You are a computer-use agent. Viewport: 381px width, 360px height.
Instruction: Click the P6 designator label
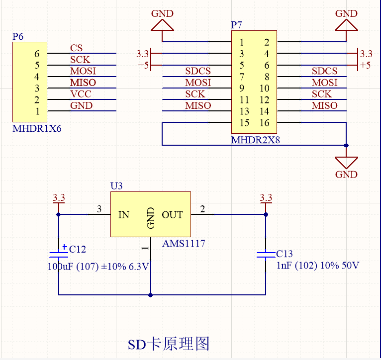tap(18, 36)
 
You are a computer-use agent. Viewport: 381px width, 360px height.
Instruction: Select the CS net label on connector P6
tap(76, 48)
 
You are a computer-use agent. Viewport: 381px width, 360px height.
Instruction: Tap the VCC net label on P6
tap(80, 94)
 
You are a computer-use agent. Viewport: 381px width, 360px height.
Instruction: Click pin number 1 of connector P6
tap(37, 111)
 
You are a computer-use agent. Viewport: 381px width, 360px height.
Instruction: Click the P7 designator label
tap(237, 25)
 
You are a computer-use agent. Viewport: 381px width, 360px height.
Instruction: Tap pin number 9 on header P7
tap(241, 89)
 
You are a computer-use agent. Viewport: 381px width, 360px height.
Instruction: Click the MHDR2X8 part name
tap(256, 140)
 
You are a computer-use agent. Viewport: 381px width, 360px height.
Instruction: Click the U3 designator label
tap(116, 186)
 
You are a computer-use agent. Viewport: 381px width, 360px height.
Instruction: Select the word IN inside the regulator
tap(124, 215)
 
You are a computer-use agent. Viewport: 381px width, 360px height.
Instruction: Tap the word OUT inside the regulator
tap(172, 215)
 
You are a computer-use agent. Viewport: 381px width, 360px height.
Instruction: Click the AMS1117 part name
tap(184, 244)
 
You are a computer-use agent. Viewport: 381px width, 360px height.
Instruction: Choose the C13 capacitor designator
tap(285, 254)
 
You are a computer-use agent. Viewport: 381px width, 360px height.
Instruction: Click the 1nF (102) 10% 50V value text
tap(317, 266)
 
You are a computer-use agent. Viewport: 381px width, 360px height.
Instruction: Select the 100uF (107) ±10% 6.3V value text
tap(98, 267)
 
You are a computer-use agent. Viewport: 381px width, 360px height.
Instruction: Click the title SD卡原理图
tap(169, 344)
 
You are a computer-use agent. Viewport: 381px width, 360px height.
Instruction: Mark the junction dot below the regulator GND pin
tap(151, 295)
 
